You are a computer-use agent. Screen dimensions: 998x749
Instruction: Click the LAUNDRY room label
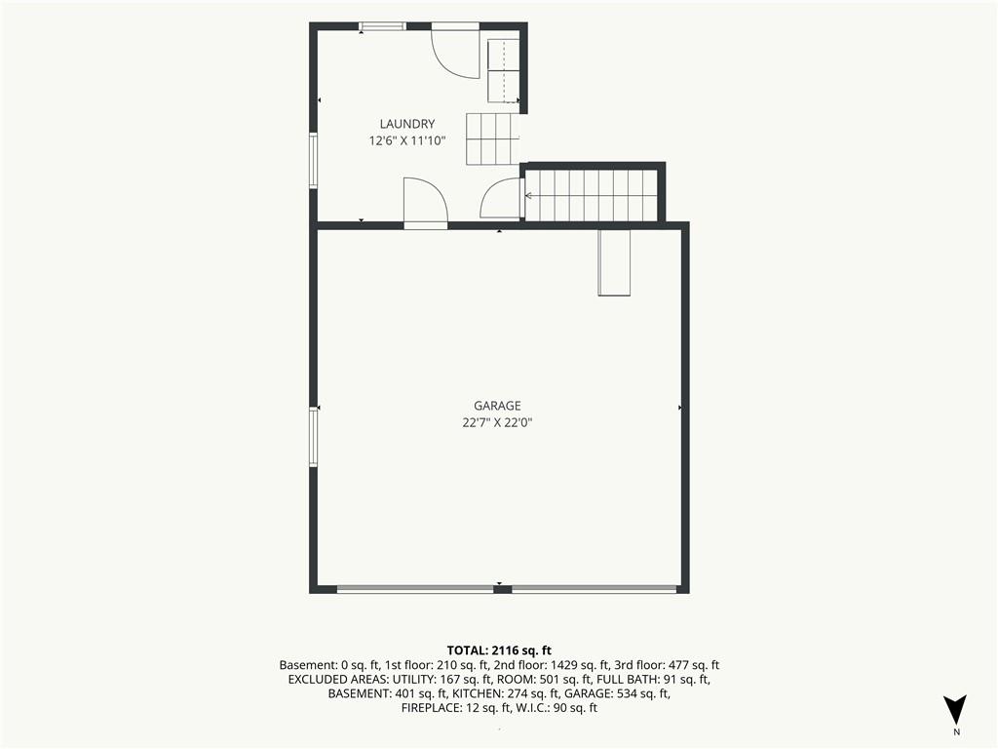pyautogui.click(x=407, y=124)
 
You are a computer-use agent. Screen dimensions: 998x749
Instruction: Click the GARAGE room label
pyautogui.click(x=497, y=406)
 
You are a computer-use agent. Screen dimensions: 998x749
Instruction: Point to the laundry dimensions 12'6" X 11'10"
pyautogui.click(x=407, y=140)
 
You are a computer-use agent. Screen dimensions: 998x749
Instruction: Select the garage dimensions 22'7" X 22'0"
pyautogui.click(x=497, y=422)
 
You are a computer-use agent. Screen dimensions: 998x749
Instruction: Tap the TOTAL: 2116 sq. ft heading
pyautogui.click(x=499, y=650)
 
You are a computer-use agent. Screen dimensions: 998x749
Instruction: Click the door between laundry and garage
pyautogui.click(x=426, y=203)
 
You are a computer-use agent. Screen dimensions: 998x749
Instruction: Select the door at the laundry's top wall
pyautogui.click(x=455, y=51)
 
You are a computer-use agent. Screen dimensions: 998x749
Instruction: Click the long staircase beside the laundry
pyautogui.click(x=592, y=195)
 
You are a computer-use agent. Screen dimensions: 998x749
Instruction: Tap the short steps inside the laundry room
pyautogui.click(x=493, y=138)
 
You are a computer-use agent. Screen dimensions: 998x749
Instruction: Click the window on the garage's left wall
pyautogui.click(x=313, y=437)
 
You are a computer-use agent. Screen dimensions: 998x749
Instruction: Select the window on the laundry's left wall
pyautogui.click(x=313, y=160)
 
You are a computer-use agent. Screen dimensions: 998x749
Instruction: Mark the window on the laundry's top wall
pyautogui.click(x=382, y=26)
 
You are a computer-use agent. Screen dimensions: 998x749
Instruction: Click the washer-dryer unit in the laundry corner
pyautogui.click(x=504, y=70)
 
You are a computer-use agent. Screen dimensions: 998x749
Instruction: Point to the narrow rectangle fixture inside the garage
pyautogui.click(x=614, y=262)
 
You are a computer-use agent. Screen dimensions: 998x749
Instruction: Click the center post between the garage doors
pyautogui.click(x=503, y=589)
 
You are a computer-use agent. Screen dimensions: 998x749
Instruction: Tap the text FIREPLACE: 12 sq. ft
pyautogui.click(x=455, y=708)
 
